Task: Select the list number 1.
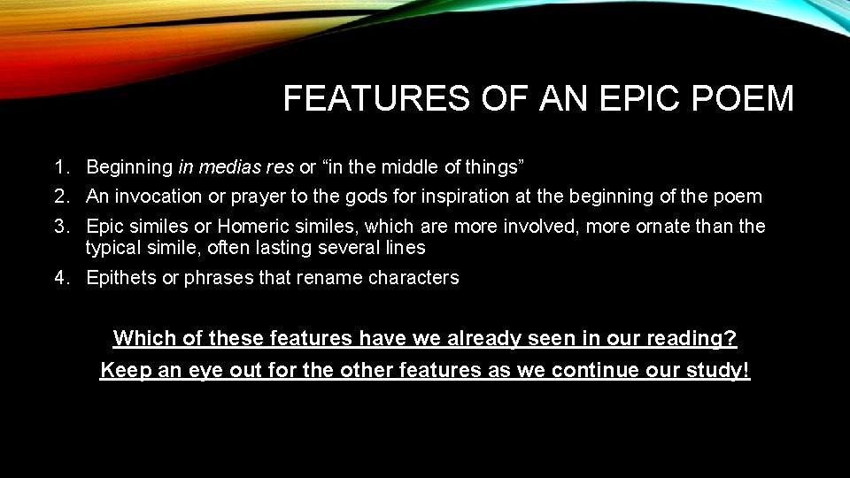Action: [60, 166]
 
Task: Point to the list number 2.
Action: [60, 196]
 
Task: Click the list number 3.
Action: [60, 227]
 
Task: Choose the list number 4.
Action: [60, 278]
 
